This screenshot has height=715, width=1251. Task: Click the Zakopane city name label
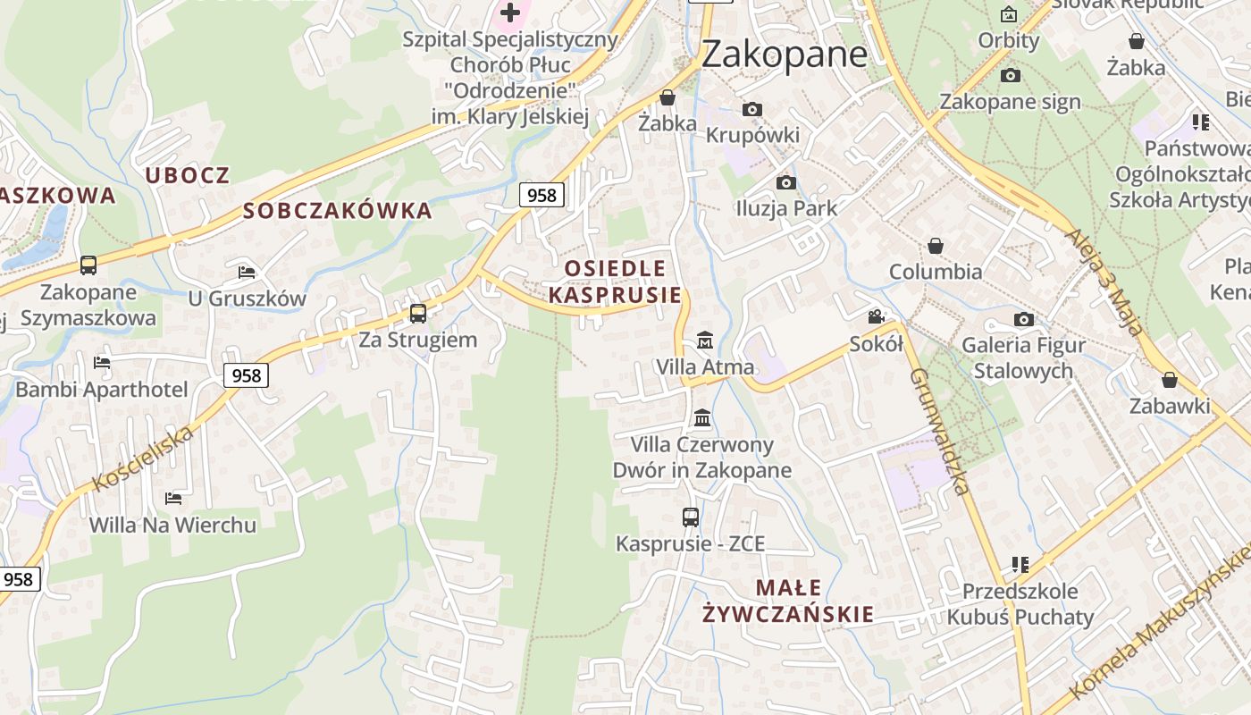(x=784, y=55)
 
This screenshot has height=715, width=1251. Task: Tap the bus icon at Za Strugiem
(x=417, y=314)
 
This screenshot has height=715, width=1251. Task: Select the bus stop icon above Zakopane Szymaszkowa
(x=88, y=265)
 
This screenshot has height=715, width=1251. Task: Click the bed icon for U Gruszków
(x=247, y=272)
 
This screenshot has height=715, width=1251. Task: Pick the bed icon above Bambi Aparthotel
(x=102, y=363)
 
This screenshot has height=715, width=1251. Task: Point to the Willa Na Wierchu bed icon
(x=172, y=498)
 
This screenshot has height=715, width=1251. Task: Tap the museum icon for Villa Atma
(x=705, y=341)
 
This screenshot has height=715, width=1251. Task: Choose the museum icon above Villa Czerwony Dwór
(x=702, y=417)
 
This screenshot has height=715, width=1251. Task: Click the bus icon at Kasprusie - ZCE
(x=690, y=517)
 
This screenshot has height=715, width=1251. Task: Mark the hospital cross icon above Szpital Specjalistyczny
(x=510, y=13)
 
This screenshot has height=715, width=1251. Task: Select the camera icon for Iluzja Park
(x=786, y=182)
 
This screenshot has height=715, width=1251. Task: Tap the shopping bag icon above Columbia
(x=936, y=245)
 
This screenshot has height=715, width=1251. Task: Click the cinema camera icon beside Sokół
(x=877, y=317)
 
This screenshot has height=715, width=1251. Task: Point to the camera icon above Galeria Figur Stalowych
(x=1023, y=319)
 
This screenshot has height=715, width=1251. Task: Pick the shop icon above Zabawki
(x=1169, y=380)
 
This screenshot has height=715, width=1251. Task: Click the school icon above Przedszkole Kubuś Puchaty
(x=1020, y=565)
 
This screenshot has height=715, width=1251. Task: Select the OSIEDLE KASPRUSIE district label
(x=615, y=282)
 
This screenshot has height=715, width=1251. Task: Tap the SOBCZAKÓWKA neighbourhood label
(x=338, y=212)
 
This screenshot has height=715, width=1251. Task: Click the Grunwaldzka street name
(x=939, y=431)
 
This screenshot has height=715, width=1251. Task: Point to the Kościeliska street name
(x=142, y=458)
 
